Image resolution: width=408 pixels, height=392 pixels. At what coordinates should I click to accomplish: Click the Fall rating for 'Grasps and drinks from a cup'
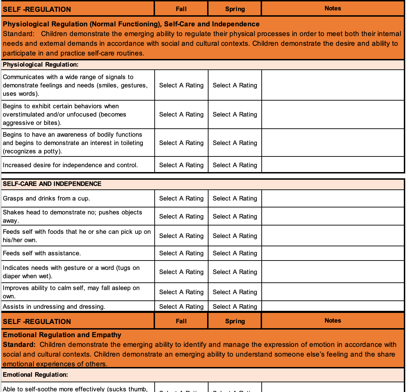click(x=181, y=199)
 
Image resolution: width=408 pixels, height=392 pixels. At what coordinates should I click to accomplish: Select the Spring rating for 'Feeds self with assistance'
click(x=235, y=254)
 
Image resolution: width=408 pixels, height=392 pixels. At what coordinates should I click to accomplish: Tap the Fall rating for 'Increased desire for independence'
click(x=181, y=165)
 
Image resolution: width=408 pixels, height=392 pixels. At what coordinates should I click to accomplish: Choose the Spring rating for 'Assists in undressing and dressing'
click(x=235, y=307)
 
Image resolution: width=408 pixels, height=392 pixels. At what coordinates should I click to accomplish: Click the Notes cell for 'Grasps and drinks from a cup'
click(x=333, y=199)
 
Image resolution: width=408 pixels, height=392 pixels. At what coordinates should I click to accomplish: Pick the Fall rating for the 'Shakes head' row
click(x=181, y=217)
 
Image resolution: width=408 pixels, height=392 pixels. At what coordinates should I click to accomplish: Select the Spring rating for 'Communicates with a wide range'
click(x=235, y=86)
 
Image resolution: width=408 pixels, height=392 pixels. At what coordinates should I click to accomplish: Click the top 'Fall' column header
click(x=181, y=9)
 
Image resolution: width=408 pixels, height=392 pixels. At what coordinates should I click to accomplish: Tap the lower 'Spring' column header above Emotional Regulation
click(x=235, y=321)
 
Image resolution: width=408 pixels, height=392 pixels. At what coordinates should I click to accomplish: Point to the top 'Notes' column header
click(x=333, y=8)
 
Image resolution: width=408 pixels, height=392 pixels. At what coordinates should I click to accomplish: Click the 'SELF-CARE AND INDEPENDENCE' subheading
click(x=52, y=184)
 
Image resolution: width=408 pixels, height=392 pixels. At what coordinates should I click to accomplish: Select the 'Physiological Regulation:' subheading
click(x=41, y=65)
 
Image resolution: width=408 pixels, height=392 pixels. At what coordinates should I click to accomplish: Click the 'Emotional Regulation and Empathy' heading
click(x=62, y=335)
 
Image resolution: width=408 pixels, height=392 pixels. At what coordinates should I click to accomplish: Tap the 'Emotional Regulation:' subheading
click(x=35, y=375)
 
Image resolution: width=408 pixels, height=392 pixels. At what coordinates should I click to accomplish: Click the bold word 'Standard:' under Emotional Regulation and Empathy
click(x=19, y=345)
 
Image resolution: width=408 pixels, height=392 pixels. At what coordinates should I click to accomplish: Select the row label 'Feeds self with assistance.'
click(x=42, y=254)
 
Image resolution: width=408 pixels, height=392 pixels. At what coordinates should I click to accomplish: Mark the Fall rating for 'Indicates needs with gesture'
click(x=181, y=272)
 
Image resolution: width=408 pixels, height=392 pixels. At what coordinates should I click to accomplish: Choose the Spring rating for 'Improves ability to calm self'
click(x=235, y=292)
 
